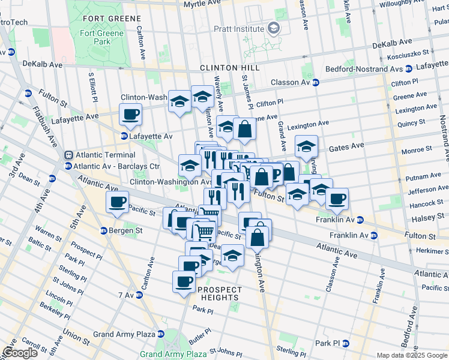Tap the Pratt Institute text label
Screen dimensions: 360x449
240,29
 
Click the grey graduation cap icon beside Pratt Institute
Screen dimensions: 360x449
273,29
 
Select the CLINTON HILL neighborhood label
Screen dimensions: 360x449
223,68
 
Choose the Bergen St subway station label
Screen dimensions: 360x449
125,230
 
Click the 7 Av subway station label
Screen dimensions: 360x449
126,295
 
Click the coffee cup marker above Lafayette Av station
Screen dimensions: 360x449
130,114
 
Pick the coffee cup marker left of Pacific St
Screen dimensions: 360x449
117,202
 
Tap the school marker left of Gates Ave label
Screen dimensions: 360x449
306,146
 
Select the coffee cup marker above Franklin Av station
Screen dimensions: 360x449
337,199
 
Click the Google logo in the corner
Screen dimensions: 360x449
20,353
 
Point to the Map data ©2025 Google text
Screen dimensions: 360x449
411,355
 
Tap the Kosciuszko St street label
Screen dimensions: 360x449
421,53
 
